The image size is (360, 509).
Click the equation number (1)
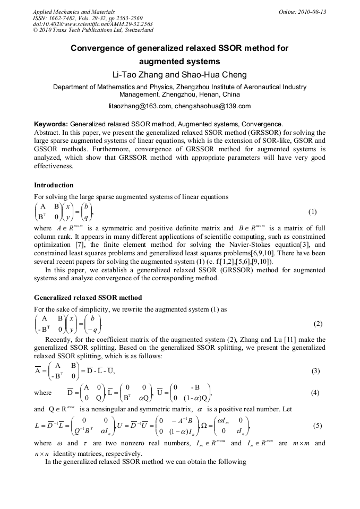312,212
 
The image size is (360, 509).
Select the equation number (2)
318,324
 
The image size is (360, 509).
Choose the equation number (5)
318,425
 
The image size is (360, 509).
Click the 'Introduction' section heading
54,185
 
